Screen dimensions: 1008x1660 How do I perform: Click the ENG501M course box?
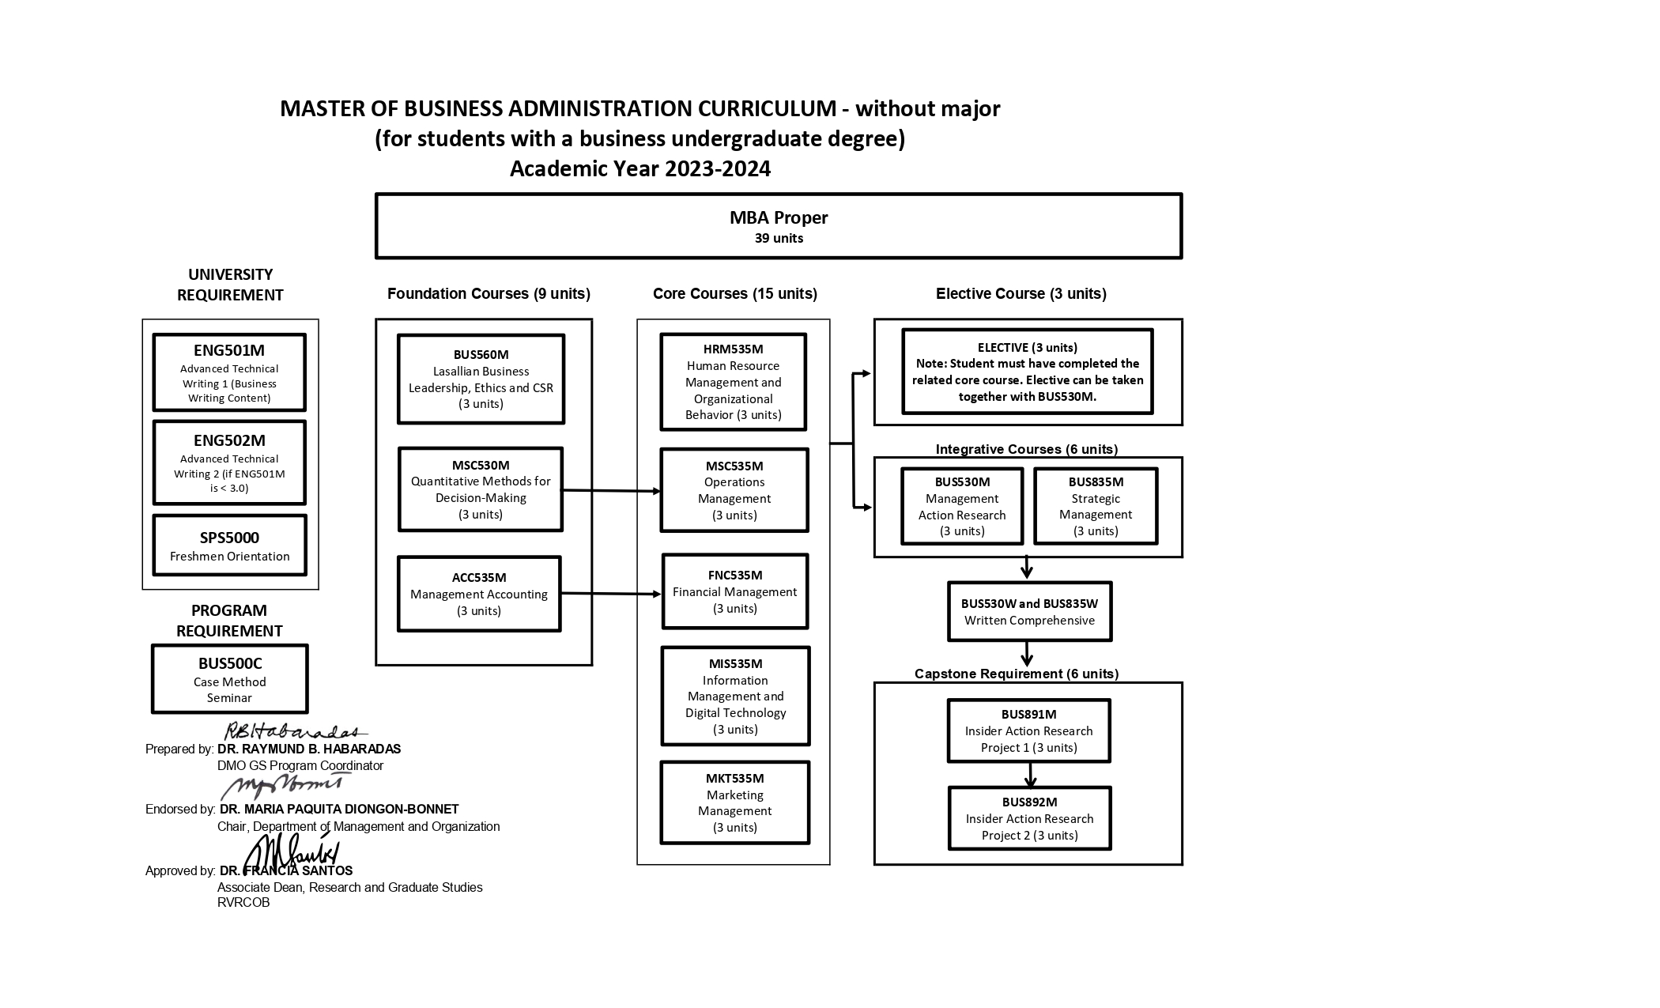(x=229, y=372)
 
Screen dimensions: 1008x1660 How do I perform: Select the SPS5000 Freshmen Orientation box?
(x=229, y=546)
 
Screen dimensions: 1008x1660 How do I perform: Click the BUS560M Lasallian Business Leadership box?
(x=481, y=379)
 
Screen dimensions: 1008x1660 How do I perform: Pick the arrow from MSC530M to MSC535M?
(x=610, y=491)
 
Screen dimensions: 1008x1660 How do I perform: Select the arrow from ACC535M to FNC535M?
(x=610, y=594)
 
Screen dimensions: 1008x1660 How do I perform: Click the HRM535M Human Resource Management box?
(x=733, y=382)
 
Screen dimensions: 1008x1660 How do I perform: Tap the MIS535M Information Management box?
(x=735, y=697)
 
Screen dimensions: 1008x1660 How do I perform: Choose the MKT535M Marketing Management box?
(x=734, y=802)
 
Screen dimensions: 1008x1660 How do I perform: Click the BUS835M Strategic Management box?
(x=1096, y=506)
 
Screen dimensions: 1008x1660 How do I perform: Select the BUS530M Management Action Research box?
(x=962, y=506)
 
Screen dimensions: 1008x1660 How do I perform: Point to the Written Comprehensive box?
(x=1029, y=612)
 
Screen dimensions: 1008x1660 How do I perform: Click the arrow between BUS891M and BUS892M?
(x=1030, y=775)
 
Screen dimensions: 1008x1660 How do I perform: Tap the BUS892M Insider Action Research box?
(x=1029, y=818)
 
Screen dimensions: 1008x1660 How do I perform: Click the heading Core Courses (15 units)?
(x=734, y=294)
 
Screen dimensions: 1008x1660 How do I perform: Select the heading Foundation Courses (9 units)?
(x=489, y=294)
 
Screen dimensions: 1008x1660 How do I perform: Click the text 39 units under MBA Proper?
(x=779, y=239)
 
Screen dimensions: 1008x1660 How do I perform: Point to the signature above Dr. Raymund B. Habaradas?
(x=292, y=732)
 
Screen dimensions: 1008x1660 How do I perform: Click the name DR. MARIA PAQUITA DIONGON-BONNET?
(x=339, y=810)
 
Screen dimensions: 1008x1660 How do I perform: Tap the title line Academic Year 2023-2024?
(x=639, y=169)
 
